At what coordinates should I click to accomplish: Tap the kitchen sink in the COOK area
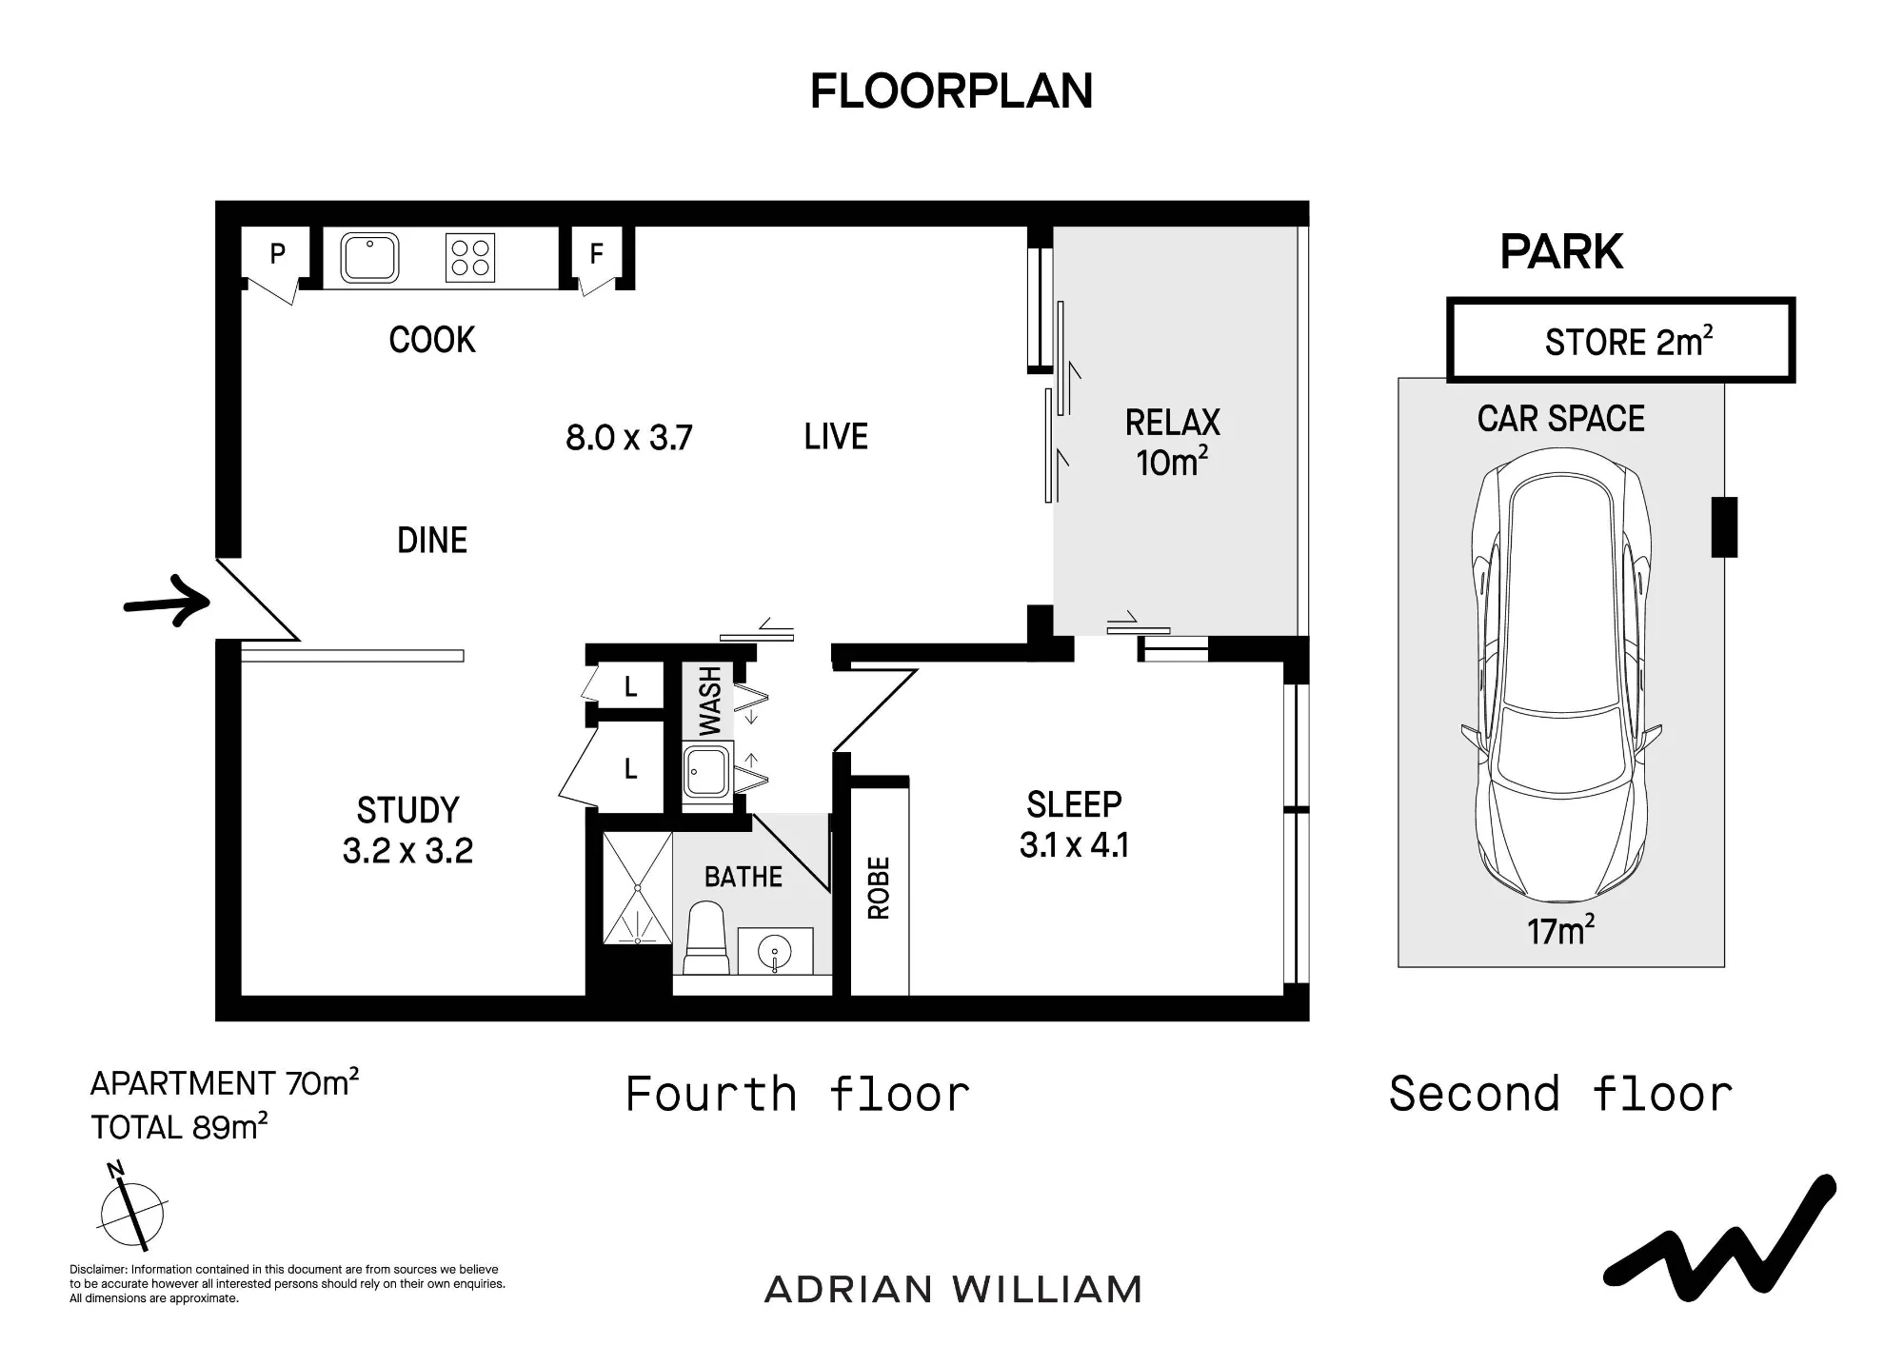click(369, 257)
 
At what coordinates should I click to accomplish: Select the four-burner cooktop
click(470, 258)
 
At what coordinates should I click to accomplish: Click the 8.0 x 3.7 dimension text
click(628, 438)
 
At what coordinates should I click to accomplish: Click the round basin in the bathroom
click(776, 950)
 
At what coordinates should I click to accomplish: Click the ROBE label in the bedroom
click(879, 888)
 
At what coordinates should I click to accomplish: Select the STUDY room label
click(407, 810)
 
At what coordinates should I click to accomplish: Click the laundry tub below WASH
click(706, 772)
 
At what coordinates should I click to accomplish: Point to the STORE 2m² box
click(1620, 340)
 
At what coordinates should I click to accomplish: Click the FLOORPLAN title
click(951, 91)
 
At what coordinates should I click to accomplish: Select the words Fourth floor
click(798, 1094)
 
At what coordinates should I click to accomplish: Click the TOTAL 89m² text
click(180, 1126)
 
